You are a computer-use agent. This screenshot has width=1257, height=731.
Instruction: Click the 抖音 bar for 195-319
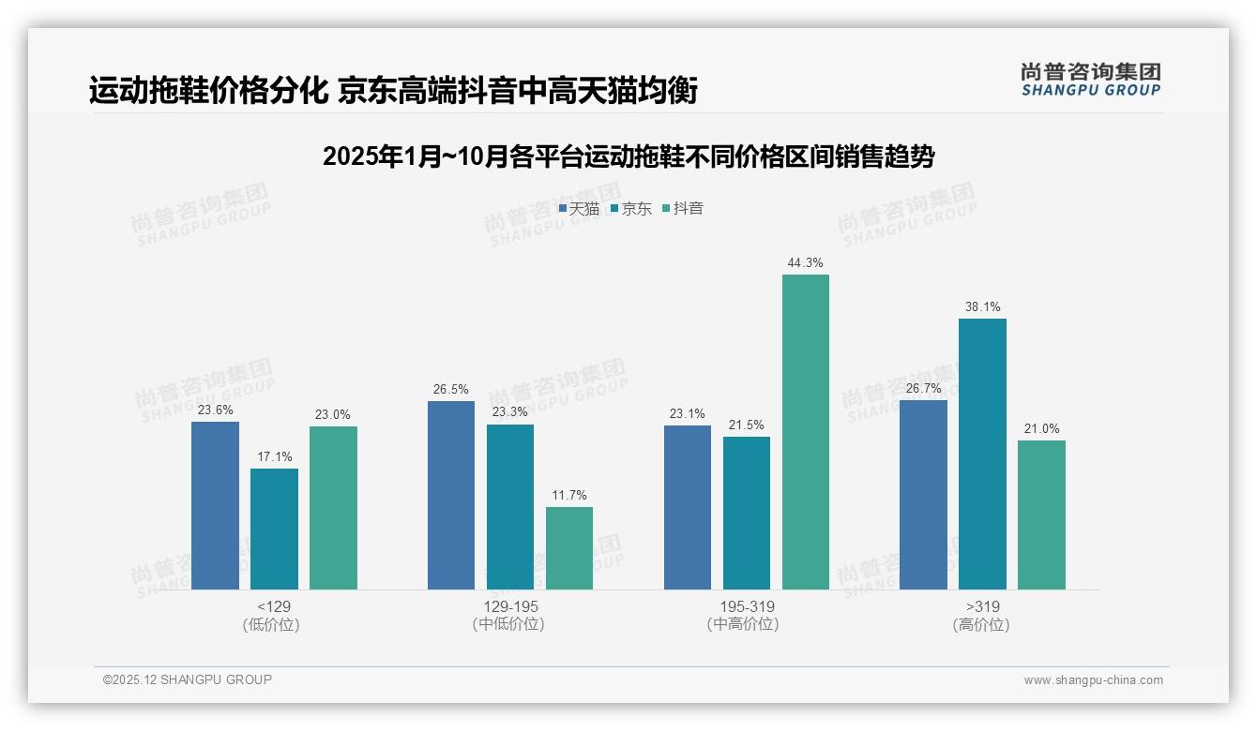pos(806,432)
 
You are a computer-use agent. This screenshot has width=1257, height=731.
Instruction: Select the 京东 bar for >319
pos(982,454)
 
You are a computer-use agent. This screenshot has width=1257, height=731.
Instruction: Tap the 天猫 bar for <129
pos(215,505)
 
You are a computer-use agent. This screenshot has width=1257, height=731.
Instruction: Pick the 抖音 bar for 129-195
pos(569,548)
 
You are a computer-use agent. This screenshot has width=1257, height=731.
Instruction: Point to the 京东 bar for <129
pos(274,529)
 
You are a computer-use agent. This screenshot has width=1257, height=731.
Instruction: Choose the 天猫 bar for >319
pos(923,495)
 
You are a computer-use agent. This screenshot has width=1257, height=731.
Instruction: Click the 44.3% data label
pos(806,262)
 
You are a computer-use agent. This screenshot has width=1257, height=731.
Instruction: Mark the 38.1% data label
pos(982,306)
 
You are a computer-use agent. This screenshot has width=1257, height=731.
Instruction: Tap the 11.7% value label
pos(569,495)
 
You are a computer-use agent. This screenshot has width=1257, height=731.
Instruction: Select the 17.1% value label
pos(274,456)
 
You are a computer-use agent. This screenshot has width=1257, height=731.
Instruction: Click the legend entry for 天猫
pos(579,209)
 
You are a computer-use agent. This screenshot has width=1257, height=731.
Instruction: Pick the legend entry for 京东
pos(631,209)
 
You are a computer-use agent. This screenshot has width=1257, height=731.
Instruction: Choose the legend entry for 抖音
pos(683,209)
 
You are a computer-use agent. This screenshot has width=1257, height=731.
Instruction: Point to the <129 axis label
pos(274,615)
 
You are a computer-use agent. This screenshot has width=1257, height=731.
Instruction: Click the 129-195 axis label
pos(510,615)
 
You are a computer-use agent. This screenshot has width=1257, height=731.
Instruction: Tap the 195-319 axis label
pos(747,615)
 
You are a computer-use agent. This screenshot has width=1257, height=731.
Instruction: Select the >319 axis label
pos(982,615)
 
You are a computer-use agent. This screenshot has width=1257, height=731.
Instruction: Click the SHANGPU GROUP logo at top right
pos(1091,80)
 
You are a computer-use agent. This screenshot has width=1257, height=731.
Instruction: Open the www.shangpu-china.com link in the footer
pos(1093,680)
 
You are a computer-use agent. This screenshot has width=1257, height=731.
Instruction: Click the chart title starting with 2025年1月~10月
pos(628,157)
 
